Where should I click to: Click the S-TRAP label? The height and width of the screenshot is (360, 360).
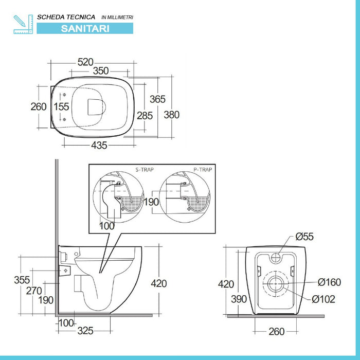click(x=144, y=169)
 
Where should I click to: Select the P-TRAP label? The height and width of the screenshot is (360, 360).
click(x=203, y=169)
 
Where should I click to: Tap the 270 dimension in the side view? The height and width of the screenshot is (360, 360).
click(x=34, y=290)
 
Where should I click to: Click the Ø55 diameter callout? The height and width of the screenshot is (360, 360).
click(x=304, y=237)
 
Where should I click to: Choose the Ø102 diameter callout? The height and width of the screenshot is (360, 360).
click(x=323, y=299)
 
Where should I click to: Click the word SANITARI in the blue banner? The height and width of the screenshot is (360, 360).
click(x=85, y=29)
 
